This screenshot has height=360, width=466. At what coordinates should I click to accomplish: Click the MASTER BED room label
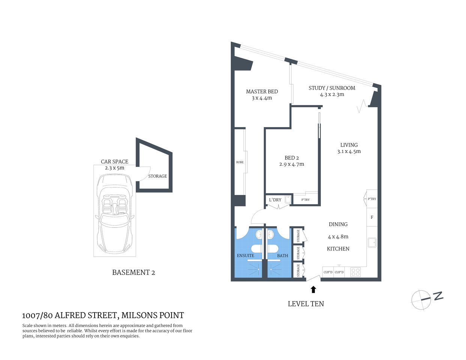[x=262, y=91]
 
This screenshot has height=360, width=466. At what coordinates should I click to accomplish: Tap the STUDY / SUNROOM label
[x=332, y=88]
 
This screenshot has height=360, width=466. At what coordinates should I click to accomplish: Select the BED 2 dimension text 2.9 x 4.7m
[x=292, y=164]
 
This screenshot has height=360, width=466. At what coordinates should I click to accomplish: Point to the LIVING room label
[x=349, y=145]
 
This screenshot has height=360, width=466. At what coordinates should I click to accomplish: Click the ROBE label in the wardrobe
[x=240, y=162]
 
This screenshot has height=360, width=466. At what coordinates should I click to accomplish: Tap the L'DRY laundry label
[x=275, y=200]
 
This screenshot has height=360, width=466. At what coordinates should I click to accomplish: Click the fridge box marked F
[x=372, y=217]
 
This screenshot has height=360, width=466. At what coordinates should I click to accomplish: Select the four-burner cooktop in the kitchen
[x=355, y=272]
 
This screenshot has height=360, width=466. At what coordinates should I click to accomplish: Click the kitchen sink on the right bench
[x=372, y=243]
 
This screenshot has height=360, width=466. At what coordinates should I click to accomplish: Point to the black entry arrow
[x=313, y=289]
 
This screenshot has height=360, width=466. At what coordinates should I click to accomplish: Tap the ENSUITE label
[x=245, y=256]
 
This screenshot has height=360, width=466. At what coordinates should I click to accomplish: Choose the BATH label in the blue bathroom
[x=283, y=256]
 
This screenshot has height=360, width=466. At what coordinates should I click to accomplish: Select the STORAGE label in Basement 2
[x=158, y=176]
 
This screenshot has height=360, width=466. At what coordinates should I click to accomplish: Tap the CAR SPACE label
[x=114, y=162]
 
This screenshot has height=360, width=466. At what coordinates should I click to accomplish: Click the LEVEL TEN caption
[x=306, y=304]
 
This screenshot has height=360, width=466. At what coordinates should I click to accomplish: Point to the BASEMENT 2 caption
[x=134, y=273]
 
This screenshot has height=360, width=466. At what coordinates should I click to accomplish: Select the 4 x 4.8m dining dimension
[x=338, y=237]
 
